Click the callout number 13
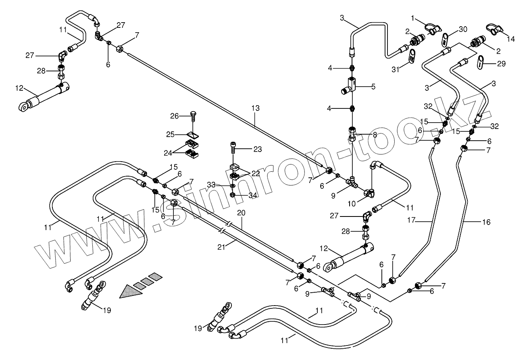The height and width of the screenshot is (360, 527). click(255, 109)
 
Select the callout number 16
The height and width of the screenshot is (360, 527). click(486, 222)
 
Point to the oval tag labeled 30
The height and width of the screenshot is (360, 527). click(445, 40)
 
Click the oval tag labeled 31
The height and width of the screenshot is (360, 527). click(411, 57)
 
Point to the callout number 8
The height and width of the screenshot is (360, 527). click(375, 135)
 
